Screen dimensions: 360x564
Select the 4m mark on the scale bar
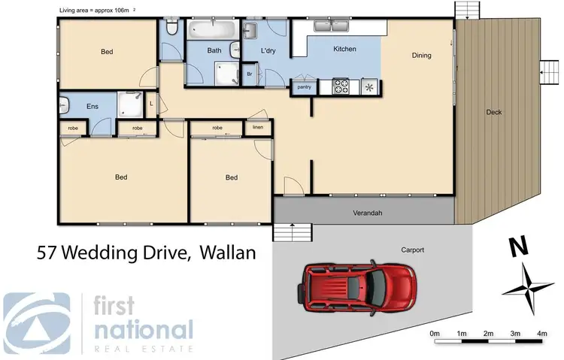click(x=541, y=333)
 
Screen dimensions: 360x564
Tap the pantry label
click(x=305, y=86)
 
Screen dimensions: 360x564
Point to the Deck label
click(x=493, y=113)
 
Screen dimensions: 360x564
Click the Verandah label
click(x=368, y=213)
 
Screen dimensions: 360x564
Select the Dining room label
click(x=421, y=55)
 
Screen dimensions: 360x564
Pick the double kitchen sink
click(x=331, y=27)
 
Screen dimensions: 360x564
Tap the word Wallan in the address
click(x=228, y=253)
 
